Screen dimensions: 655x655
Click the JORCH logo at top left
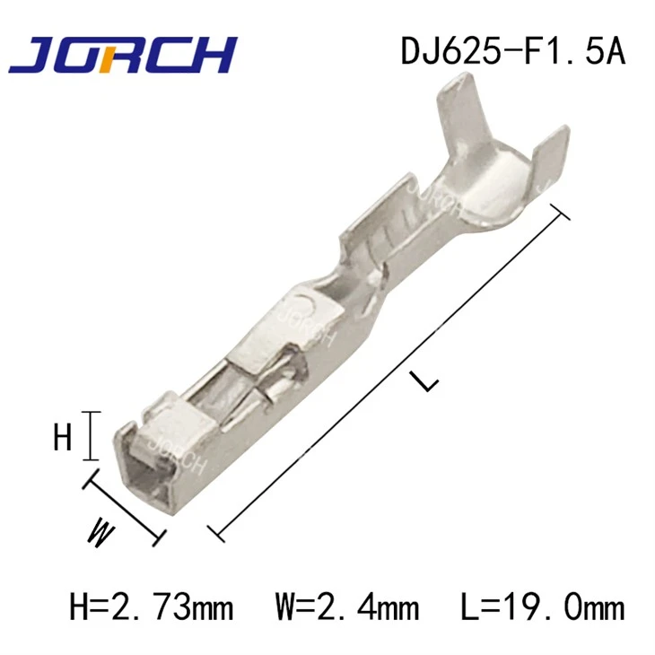[x=123, y=55]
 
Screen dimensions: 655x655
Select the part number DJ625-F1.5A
[x=513, y=50]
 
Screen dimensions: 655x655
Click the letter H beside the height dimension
[x=63, y=437]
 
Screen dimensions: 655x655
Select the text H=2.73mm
[x=152, y=607]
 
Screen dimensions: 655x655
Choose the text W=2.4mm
[x=347, y=607]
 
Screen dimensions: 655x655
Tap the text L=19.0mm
[x=543, y=607]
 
